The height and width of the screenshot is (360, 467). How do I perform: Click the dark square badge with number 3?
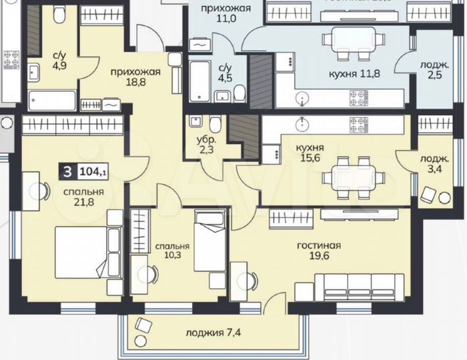[67, 172]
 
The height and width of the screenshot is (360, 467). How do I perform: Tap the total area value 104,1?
[93, 172]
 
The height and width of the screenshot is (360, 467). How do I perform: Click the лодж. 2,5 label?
[434, 69]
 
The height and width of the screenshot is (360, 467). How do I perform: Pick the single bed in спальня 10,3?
[210, 240]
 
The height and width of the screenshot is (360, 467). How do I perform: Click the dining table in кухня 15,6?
[352, 177]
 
